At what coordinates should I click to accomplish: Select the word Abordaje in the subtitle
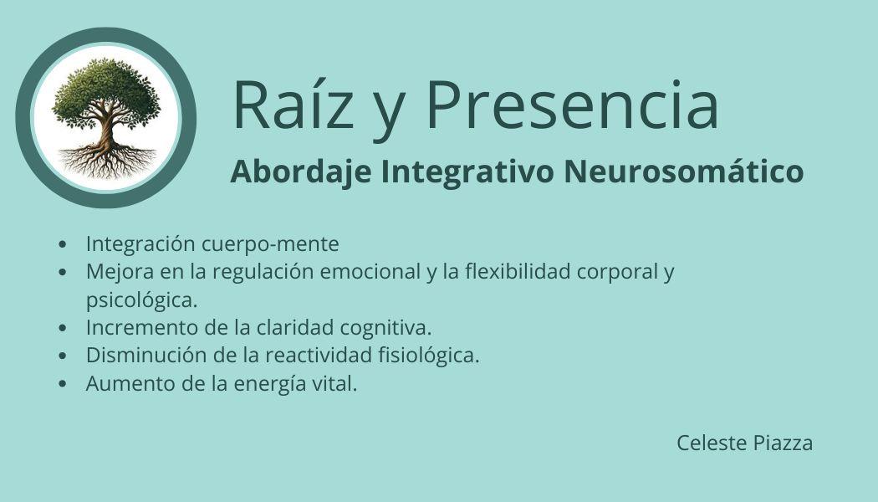point(301,172)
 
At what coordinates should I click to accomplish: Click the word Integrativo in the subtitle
point(467,172)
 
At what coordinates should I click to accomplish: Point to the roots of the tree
point(106,161)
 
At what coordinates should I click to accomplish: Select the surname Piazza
point(783,443)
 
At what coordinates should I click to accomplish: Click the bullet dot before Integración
point(62,244)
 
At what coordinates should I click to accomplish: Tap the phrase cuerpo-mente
point(270,245)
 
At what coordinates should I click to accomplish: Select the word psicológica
point(141,300)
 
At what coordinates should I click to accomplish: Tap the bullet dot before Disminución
point(62,356)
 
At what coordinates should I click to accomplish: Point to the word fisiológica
point(429,356)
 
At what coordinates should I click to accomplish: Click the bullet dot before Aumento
point(62,384)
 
